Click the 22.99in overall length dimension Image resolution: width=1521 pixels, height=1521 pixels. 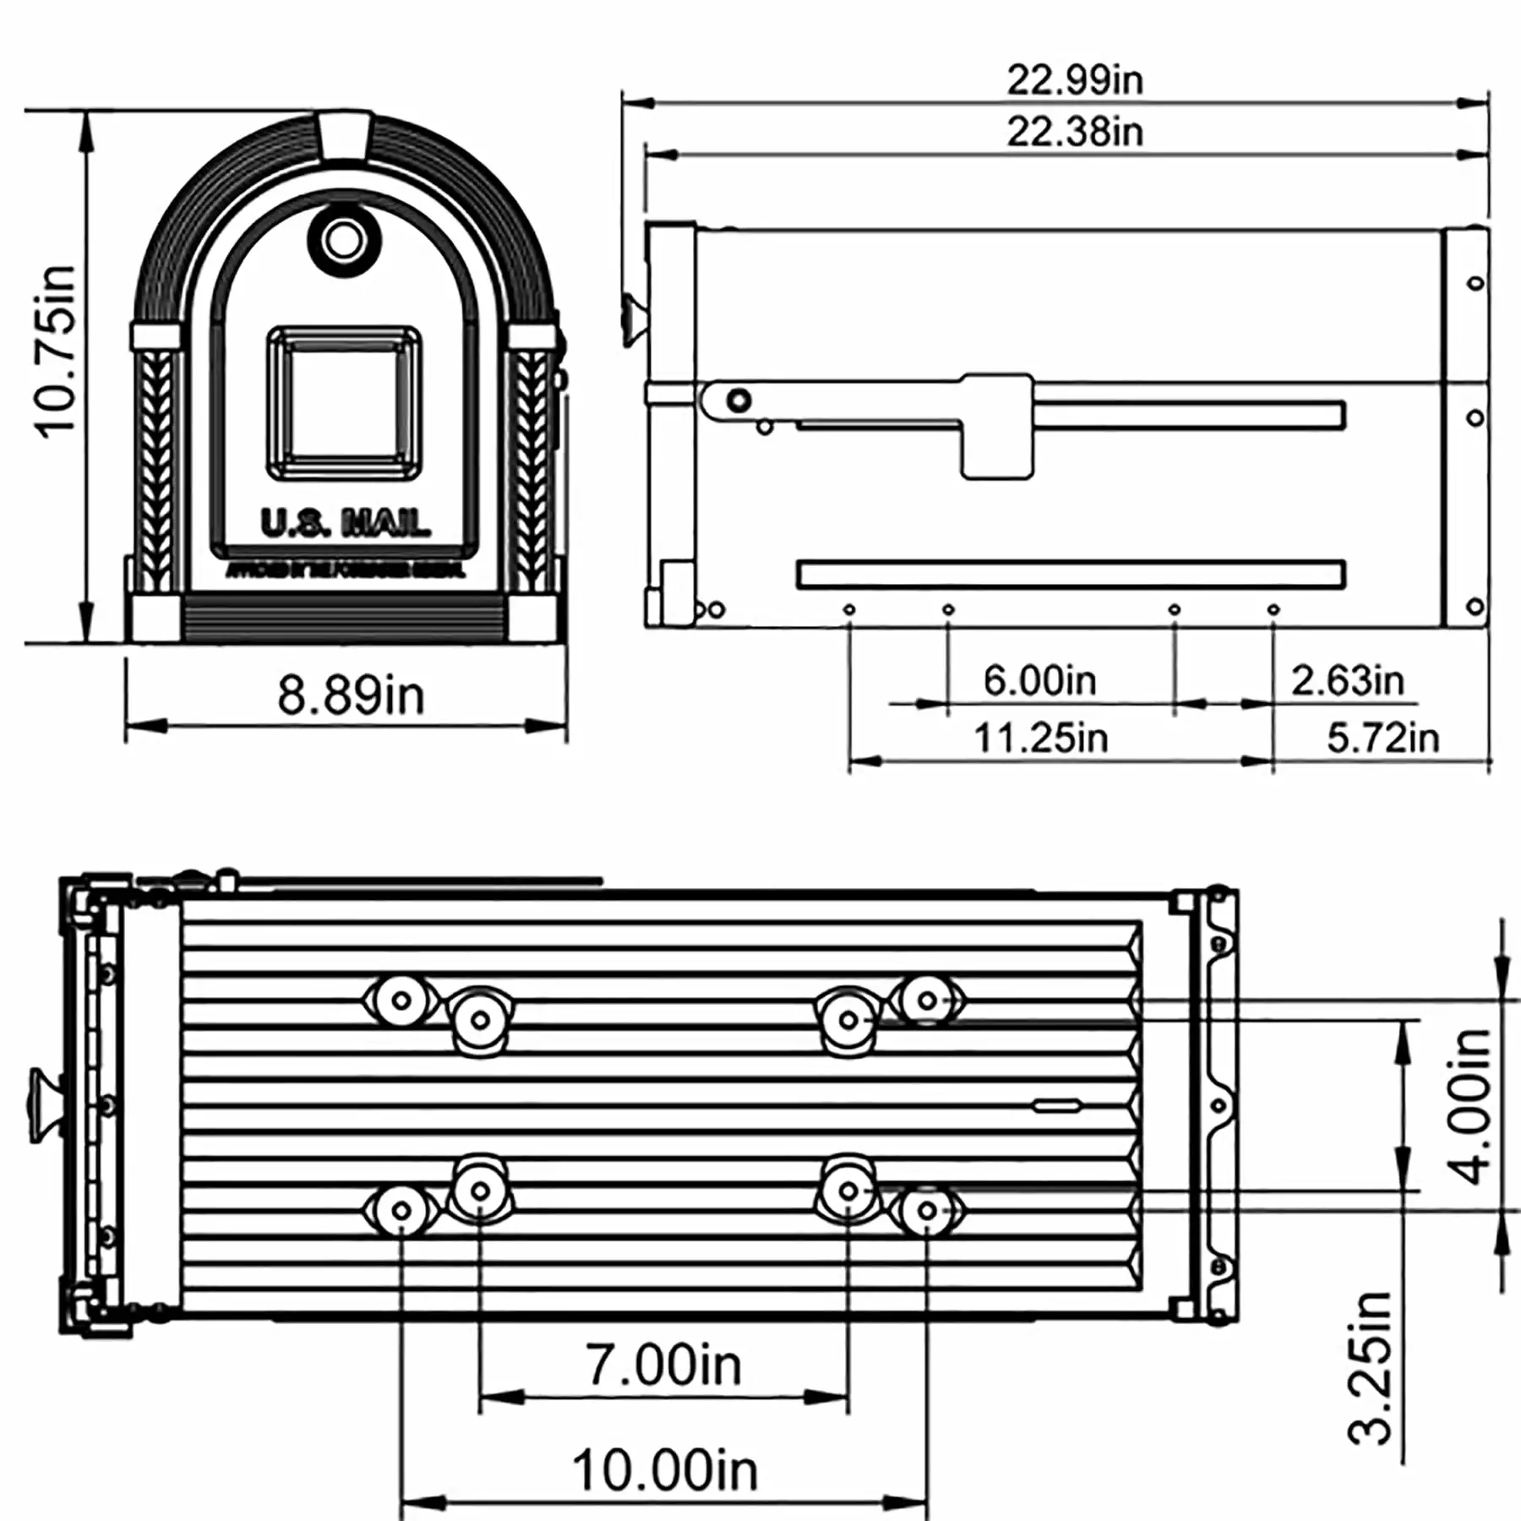point(1074,80)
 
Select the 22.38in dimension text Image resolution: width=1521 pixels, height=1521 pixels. point(1074,133)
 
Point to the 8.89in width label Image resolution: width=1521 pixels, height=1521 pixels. point(351,695)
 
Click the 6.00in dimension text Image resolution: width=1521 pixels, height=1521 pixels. point(1039,680)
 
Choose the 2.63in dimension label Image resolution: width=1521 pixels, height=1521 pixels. point(1347,680)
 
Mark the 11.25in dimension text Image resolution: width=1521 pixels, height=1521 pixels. point(1040,738)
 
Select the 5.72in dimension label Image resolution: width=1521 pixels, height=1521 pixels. point(1382,738)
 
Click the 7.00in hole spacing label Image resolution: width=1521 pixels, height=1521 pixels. point(663,1365)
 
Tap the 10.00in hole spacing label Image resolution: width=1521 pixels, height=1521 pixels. point(665,1470)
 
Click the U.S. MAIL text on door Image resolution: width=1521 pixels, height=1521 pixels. point(345,524)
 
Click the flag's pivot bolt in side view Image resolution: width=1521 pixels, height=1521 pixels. point(739,401)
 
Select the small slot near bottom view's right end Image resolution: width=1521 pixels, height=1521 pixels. point(1056,1105)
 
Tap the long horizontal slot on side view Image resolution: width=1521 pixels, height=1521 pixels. point(1070,575)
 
